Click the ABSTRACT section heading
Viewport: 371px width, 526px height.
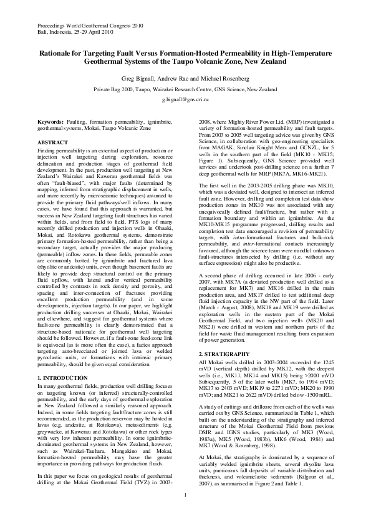53,142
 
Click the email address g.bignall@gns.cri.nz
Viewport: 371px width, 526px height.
185,99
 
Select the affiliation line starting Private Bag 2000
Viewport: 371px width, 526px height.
185,89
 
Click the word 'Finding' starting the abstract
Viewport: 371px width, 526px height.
47,151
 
